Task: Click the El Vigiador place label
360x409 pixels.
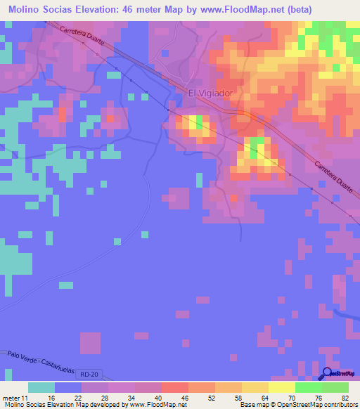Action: point(210,92)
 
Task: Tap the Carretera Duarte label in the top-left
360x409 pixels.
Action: point(82,37)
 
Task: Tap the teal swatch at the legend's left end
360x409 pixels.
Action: point(41,387)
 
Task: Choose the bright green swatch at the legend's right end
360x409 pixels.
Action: point(335,387)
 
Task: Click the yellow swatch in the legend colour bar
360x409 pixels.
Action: point(281,387)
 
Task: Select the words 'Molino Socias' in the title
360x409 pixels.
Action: point(44,9)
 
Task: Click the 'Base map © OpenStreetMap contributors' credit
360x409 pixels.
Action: point(298,405)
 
